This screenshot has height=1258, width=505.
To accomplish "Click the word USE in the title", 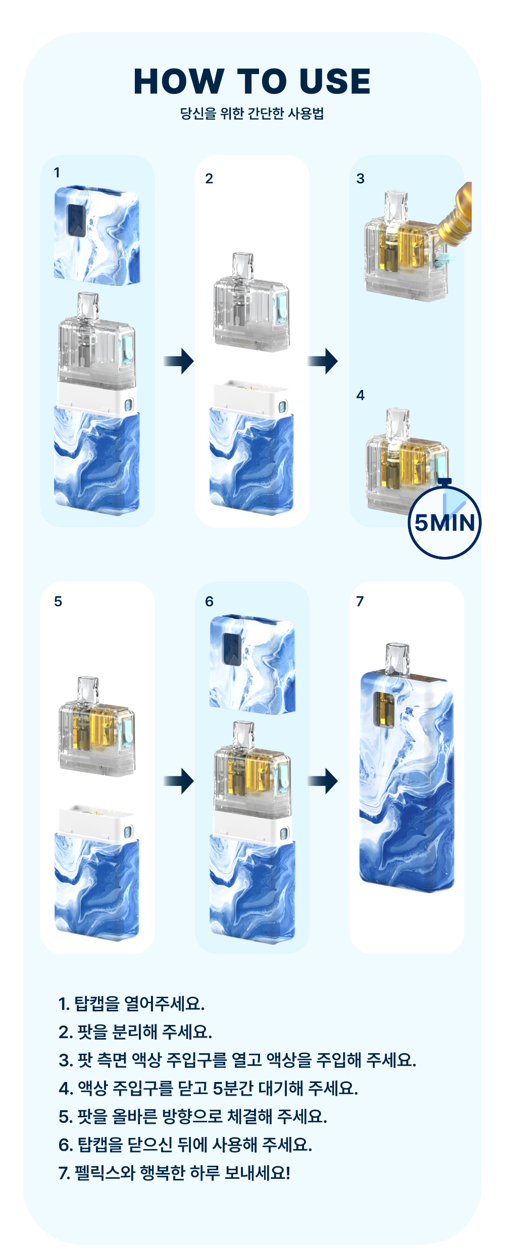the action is (x=335, y=81).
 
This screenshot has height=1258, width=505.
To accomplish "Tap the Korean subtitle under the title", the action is (x=252, y=113).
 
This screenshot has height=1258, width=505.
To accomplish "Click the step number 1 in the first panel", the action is (x=57, y=173).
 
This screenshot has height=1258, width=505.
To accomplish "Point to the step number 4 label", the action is (x=360, y=395).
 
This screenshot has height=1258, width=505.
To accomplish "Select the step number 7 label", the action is (x=360, y=601).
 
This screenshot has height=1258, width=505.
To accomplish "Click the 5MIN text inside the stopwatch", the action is (x=444, y=523).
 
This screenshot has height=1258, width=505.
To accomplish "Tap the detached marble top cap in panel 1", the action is (x=97, y=236).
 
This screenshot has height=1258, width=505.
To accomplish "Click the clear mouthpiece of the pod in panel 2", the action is (x=242, y=266).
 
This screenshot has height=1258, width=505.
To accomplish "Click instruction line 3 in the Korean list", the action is (x=237, y=1060).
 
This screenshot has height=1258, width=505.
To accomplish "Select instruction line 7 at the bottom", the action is (x=174, y=1173).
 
